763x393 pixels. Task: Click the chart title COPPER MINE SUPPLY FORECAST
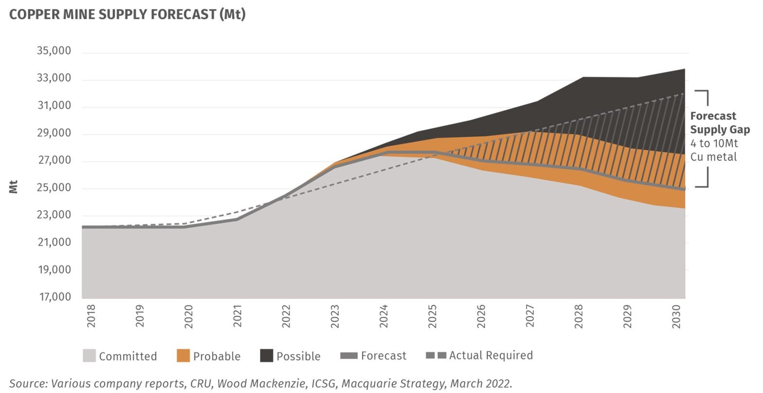tap(127, 15)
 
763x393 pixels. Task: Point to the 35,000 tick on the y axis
tap(54, 51)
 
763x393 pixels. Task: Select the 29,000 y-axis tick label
tap(54, 133)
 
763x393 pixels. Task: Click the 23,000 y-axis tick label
tap(54, 215)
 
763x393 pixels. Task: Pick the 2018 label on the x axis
tap(91, 316)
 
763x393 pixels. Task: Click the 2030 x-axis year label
tap(676, 316)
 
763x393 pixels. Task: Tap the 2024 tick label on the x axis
tap(384, 316)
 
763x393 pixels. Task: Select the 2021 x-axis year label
tap(237, 316)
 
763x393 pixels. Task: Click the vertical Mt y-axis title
tap(13, 187)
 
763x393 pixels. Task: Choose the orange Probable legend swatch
tap(183, 356)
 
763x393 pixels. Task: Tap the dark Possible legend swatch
tap(266, 356)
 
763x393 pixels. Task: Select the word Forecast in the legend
tap(383, 356)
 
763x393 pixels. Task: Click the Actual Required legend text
tap(490, 356)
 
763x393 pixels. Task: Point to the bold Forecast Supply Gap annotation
tap(719, 123)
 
